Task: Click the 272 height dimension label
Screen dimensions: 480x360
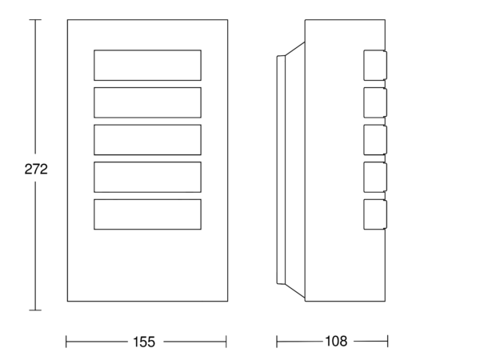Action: (36, 170)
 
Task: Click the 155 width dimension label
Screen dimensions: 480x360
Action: (144, 342)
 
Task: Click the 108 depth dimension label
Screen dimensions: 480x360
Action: (336, 341)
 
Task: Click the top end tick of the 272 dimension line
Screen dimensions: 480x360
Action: (35, 19)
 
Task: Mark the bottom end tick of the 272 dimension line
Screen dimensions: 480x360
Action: (35, 310)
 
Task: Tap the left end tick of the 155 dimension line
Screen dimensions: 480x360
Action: (66, 342)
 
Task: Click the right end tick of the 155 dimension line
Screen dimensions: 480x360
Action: (226, 342)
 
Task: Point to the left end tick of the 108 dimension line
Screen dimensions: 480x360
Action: (277, 342)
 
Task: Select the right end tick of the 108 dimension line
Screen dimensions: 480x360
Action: (387, 342)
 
